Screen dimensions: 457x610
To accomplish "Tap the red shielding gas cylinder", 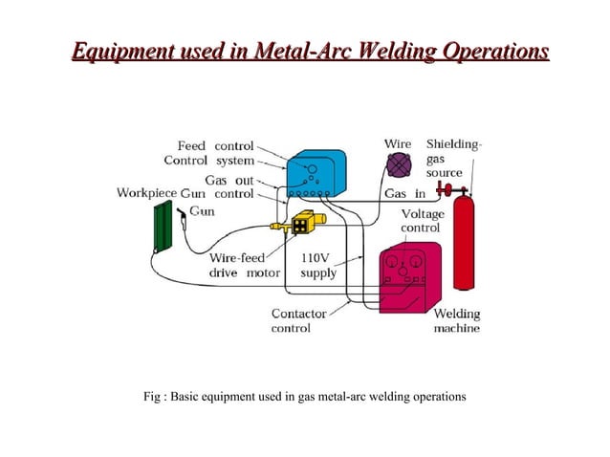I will coord(465,243).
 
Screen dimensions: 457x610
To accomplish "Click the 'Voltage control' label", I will coord(422,221).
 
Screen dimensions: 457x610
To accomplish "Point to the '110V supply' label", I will coord(318,265).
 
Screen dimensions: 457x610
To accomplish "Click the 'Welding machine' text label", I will coord(457,320).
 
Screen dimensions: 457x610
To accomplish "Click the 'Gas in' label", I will coord(403,194).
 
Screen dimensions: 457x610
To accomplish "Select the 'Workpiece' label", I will coord(146,193).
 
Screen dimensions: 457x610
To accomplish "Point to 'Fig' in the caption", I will coord(153,396).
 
